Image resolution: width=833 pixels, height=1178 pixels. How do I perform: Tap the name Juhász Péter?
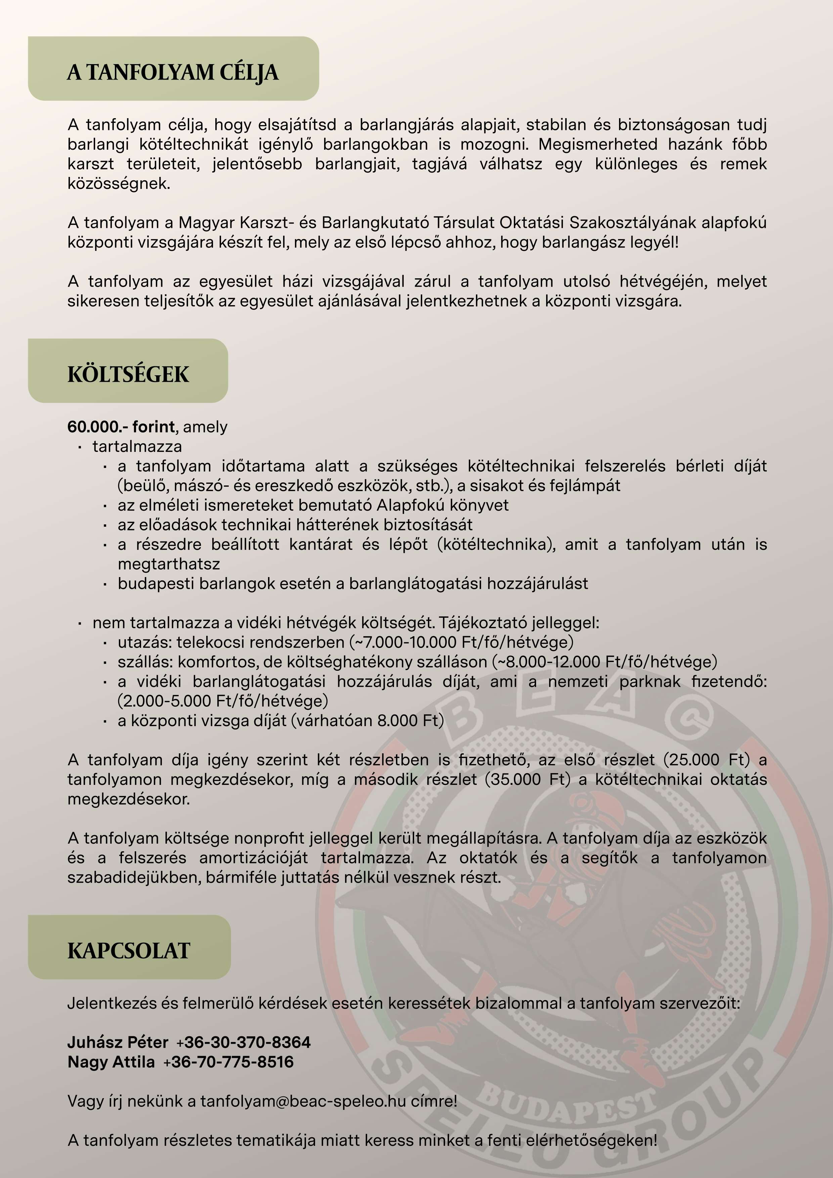click(x=118, y=1042)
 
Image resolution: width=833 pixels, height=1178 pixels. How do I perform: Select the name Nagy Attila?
click(x=111, y=1062)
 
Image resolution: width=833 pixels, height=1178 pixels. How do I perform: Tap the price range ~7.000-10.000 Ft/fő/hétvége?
click(x=461, y=642)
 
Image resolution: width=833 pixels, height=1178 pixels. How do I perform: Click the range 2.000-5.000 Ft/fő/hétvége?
click(x=223, y=701)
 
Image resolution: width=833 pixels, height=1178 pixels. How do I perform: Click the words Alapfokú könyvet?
click(x=442, y=505)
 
